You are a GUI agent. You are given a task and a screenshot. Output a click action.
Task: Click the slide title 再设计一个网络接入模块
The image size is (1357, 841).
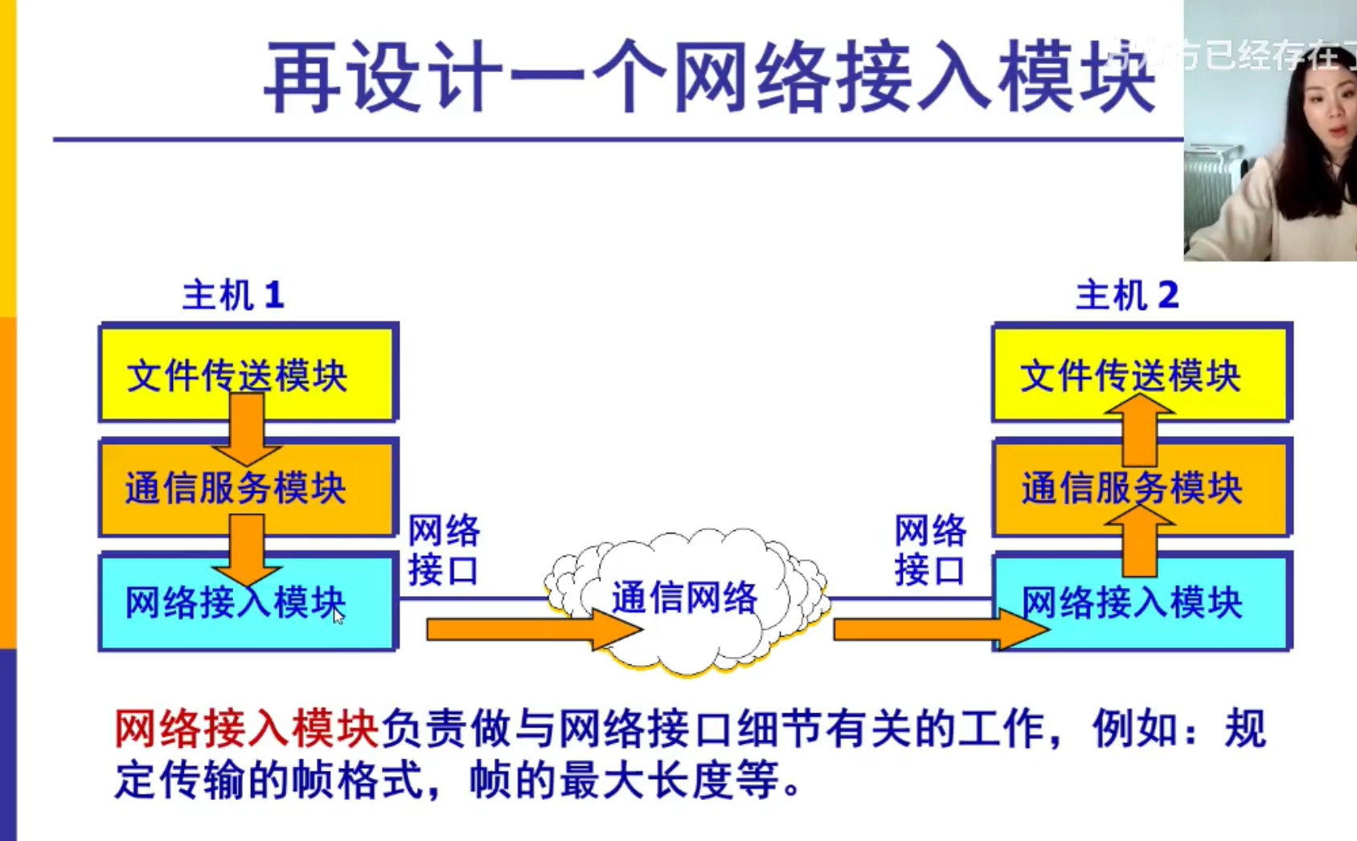(707, 78)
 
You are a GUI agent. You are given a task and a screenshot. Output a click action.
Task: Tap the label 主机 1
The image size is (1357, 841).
(233, 296)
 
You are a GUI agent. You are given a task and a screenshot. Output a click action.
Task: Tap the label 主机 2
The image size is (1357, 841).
(1127, 296)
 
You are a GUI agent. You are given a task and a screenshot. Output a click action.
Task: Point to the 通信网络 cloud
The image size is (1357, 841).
(685, 598)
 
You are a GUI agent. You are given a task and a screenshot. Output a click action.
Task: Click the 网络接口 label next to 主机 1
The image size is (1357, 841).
(443, 551)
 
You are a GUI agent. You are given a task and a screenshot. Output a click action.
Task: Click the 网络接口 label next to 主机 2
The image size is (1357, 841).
(930, 551)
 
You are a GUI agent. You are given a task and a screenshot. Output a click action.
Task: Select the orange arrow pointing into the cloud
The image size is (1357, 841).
(531, 629)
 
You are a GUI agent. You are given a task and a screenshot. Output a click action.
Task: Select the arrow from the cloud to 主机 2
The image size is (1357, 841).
(937, 629)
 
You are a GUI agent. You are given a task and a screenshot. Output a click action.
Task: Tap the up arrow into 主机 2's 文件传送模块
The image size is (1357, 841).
(1139, 430)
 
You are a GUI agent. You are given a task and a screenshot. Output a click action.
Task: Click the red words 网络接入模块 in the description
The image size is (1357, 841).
(245, 729)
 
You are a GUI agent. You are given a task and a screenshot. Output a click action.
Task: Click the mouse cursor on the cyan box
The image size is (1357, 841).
(338, 616)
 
